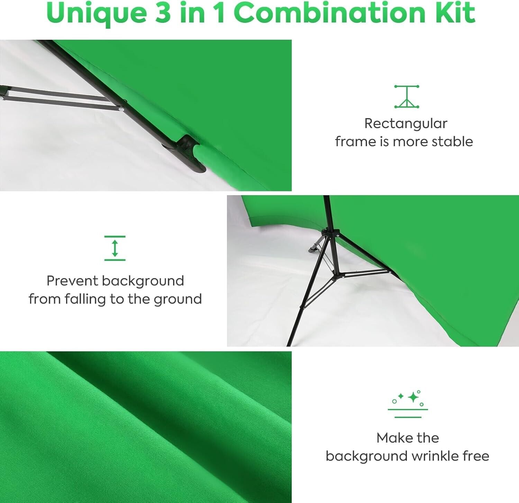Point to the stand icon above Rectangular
pos(407,97)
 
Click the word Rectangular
pos(406,124)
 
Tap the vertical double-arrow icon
pos(115,248)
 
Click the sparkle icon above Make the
pos(408,404)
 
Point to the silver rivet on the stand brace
pos(121,109)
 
